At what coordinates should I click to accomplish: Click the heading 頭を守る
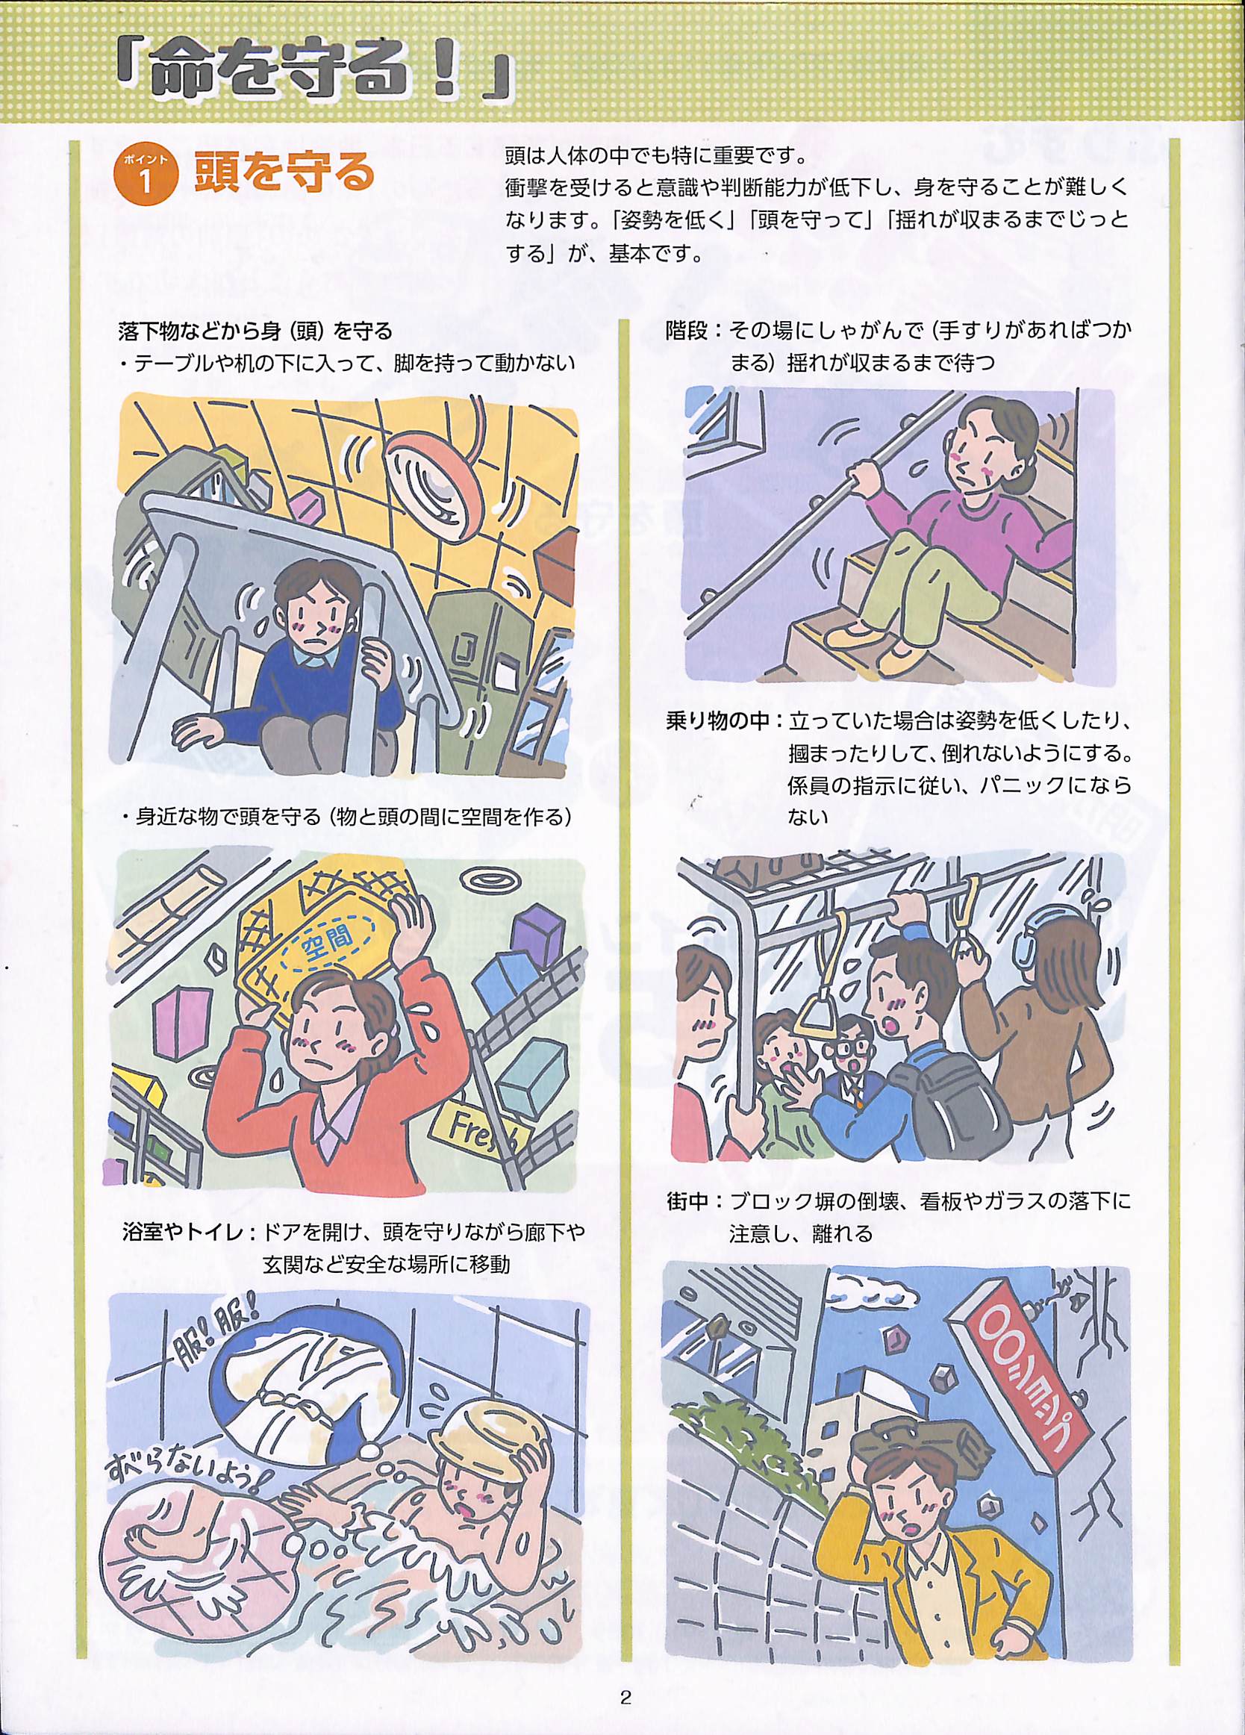coord(284,172)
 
